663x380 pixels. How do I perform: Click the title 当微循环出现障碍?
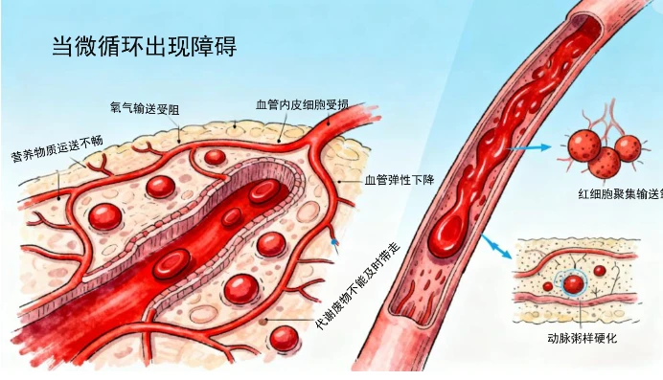144,47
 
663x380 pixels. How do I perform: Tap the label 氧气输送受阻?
144,109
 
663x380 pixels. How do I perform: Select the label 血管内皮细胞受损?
302,104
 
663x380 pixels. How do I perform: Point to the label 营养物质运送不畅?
57,149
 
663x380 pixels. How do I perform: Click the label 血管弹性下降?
400,180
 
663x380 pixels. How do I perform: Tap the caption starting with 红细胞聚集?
620,194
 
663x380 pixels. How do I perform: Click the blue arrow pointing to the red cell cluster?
529,147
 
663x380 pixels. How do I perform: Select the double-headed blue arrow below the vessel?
496,246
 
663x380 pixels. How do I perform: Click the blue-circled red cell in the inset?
573,283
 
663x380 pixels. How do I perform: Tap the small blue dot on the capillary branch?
335,242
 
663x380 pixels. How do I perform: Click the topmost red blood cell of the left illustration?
215,157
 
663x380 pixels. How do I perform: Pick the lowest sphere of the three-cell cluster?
604,163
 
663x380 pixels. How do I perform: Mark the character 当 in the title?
62,47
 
